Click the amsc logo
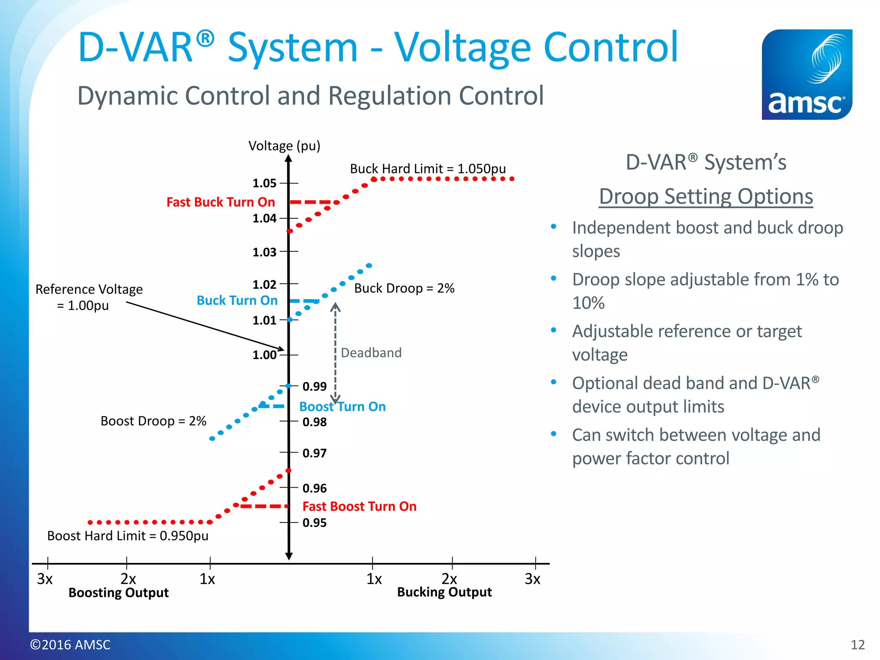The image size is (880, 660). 807,74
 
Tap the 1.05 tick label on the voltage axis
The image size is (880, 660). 264,183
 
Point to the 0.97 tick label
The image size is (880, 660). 315,453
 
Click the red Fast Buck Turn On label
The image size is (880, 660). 220,202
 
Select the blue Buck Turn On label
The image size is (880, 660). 237,300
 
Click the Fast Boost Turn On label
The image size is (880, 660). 359,507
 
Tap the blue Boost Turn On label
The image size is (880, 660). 342,406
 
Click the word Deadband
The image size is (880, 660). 371,353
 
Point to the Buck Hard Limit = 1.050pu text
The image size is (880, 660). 428,168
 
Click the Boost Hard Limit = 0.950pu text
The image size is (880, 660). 128,536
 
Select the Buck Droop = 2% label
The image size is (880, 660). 404,288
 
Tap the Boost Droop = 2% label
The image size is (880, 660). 153,421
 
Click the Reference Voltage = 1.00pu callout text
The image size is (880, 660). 89,297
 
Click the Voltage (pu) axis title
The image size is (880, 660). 284,146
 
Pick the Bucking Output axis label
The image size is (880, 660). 444,592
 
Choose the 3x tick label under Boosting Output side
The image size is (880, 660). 45,579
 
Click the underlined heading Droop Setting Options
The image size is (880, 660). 706,196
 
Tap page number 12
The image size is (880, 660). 858,645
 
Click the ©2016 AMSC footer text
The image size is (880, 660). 70,645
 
